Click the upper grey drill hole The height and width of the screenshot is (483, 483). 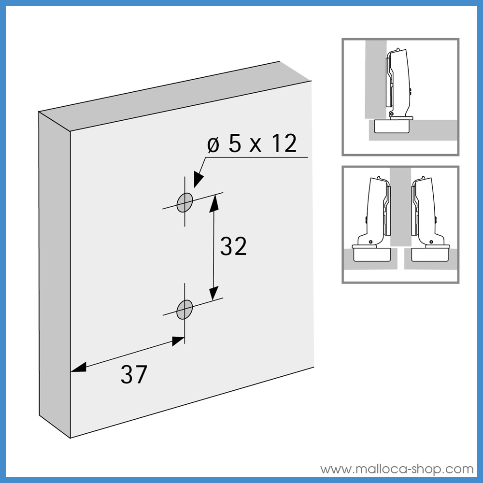pos(185,202)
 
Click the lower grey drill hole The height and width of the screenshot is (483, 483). pos(185,309)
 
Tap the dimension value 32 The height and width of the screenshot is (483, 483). pos(233,246)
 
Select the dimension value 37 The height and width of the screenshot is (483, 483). pos(133,374)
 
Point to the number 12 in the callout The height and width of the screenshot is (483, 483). pos(283,144)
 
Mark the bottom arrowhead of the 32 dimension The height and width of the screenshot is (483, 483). pos(213,293)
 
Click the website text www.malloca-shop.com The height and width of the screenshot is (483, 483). pos(397,469)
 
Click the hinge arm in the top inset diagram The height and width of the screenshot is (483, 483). pos(398,80)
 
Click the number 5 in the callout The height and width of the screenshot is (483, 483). pos(236,144)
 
